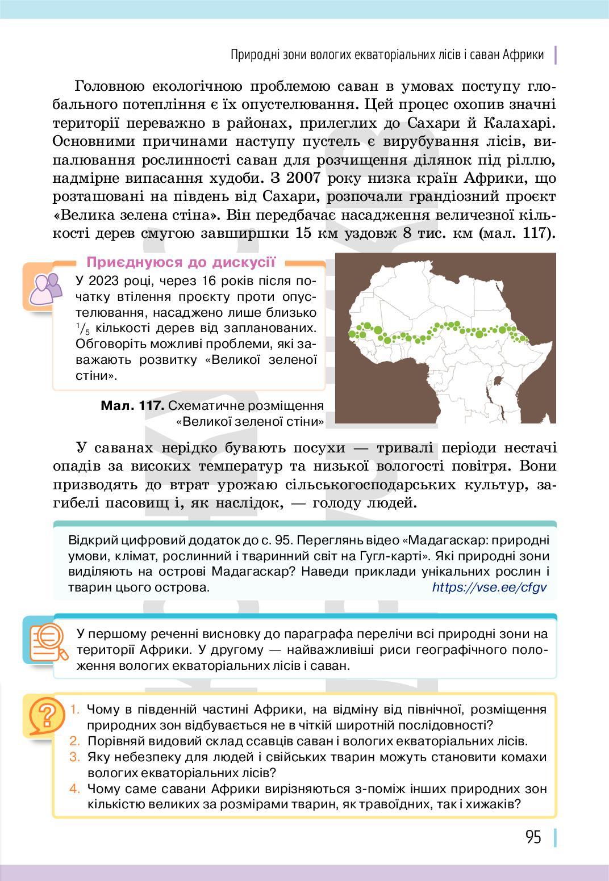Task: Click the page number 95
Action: coord(533,837)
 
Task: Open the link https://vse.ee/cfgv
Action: coord(489,587)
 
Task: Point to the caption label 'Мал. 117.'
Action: coord(132,406)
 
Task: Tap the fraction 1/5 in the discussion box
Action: coord(82,329)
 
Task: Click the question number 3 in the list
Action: coord(75,757)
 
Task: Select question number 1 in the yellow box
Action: coord(75,709)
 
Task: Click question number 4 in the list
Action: coord(75,788)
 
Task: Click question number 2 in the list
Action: coord(75,741)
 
